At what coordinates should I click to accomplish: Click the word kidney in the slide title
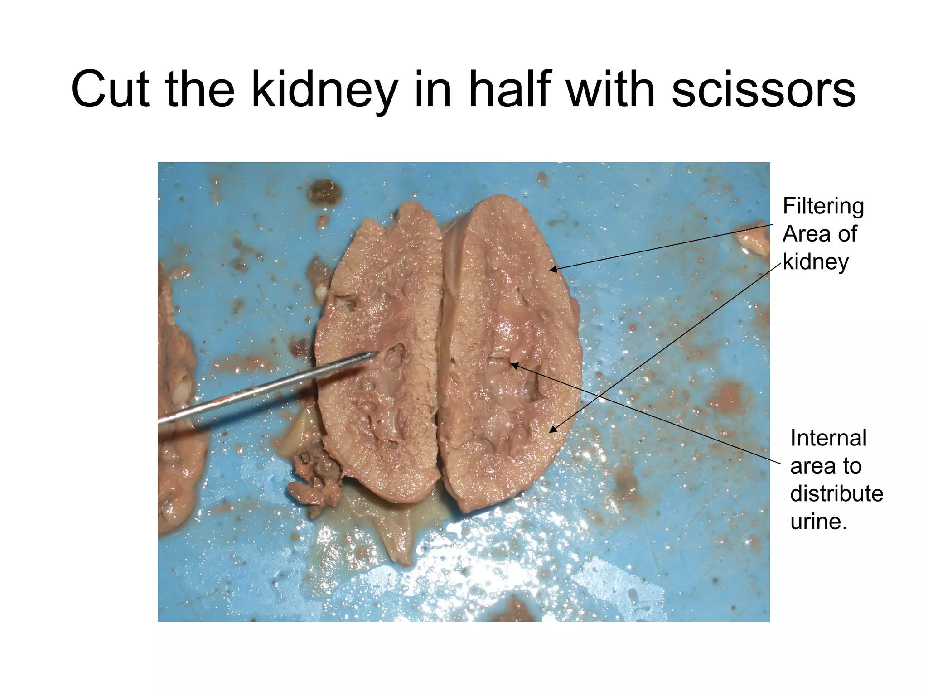pos(324,91)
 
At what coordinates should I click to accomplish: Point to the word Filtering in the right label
pos(823,207)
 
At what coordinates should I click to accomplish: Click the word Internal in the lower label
pos(828,438)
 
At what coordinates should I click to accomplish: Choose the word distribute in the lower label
pos(836,494)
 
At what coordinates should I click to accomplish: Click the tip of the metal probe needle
pos(377,353)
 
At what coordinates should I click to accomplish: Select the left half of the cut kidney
pos(378,353)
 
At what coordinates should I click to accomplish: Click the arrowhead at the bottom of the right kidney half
pos(552,429)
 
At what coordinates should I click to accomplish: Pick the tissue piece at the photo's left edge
pos(179,399)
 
